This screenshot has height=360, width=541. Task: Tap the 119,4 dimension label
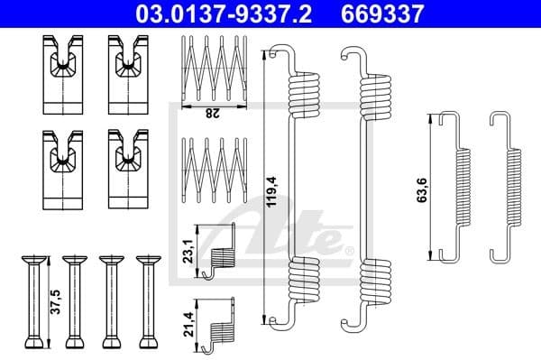coord(272,192)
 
